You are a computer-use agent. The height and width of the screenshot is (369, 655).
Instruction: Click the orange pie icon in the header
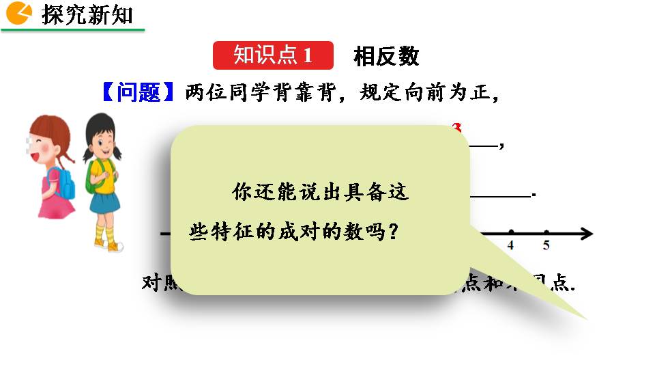[19, 13]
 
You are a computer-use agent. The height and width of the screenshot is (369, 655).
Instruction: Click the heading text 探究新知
[87, 14]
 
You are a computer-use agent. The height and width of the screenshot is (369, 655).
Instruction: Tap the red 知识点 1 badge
[273, 55]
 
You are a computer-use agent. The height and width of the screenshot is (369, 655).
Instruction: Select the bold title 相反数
[385, 56]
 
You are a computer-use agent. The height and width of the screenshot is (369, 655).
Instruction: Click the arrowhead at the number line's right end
[586, 234]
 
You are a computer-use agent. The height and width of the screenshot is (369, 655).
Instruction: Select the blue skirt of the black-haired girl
[104, 203]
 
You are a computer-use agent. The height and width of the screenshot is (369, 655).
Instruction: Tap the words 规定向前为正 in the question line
[430, 92]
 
